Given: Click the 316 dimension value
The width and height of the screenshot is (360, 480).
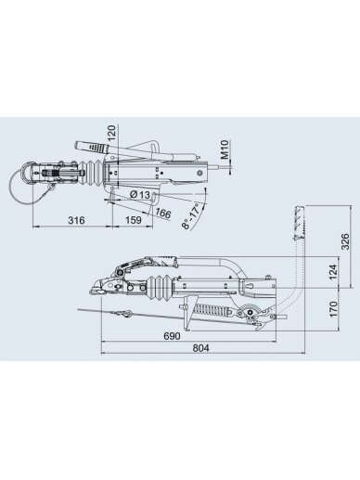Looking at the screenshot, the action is (x=76, y=220).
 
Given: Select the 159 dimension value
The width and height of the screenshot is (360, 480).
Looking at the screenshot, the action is (x=134, y=220).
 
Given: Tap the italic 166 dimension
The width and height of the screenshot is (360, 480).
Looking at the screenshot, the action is (x=163, y=214).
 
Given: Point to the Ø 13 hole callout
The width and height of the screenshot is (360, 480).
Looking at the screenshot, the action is (x=140, y=195).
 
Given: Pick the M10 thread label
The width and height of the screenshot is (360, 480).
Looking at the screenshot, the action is (x=225, y=149).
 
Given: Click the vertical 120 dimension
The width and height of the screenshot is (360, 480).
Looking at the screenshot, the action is (x=111, y=133).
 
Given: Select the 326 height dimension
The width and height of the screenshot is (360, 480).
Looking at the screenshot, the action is (x=345, y=241).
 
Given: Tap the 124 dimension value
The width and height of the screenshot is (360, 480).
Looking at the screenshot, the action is (x=332, y=272).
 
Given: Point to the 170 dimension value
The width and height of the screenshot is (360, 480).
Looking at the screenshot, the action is (x=333, y=308).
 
